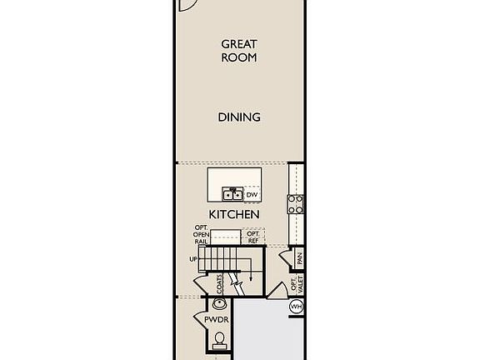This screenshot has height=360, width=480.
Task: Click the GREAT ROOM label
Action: [238, 51]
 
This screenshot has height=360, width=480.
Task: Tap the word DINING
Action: [239, 117]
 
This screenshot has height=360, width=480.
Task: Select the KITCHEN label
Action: [234, 214]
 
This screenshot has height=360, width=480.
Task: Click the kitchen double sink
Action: [232, 195]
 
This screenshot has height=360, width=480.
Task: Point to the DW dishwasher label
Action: [251, 194]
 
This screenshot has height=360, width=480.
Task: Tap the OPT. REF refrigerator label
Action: [252, 237]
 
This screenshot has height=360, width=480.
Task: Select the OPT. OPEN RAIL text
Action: [202, 235]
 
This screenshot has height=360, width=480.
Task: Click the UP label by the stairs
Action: [193, 259]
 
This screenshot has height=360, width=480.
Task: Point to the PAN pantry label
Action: [300, 259]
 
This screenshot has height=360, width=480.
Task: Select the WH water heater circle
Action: [296, 307]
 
